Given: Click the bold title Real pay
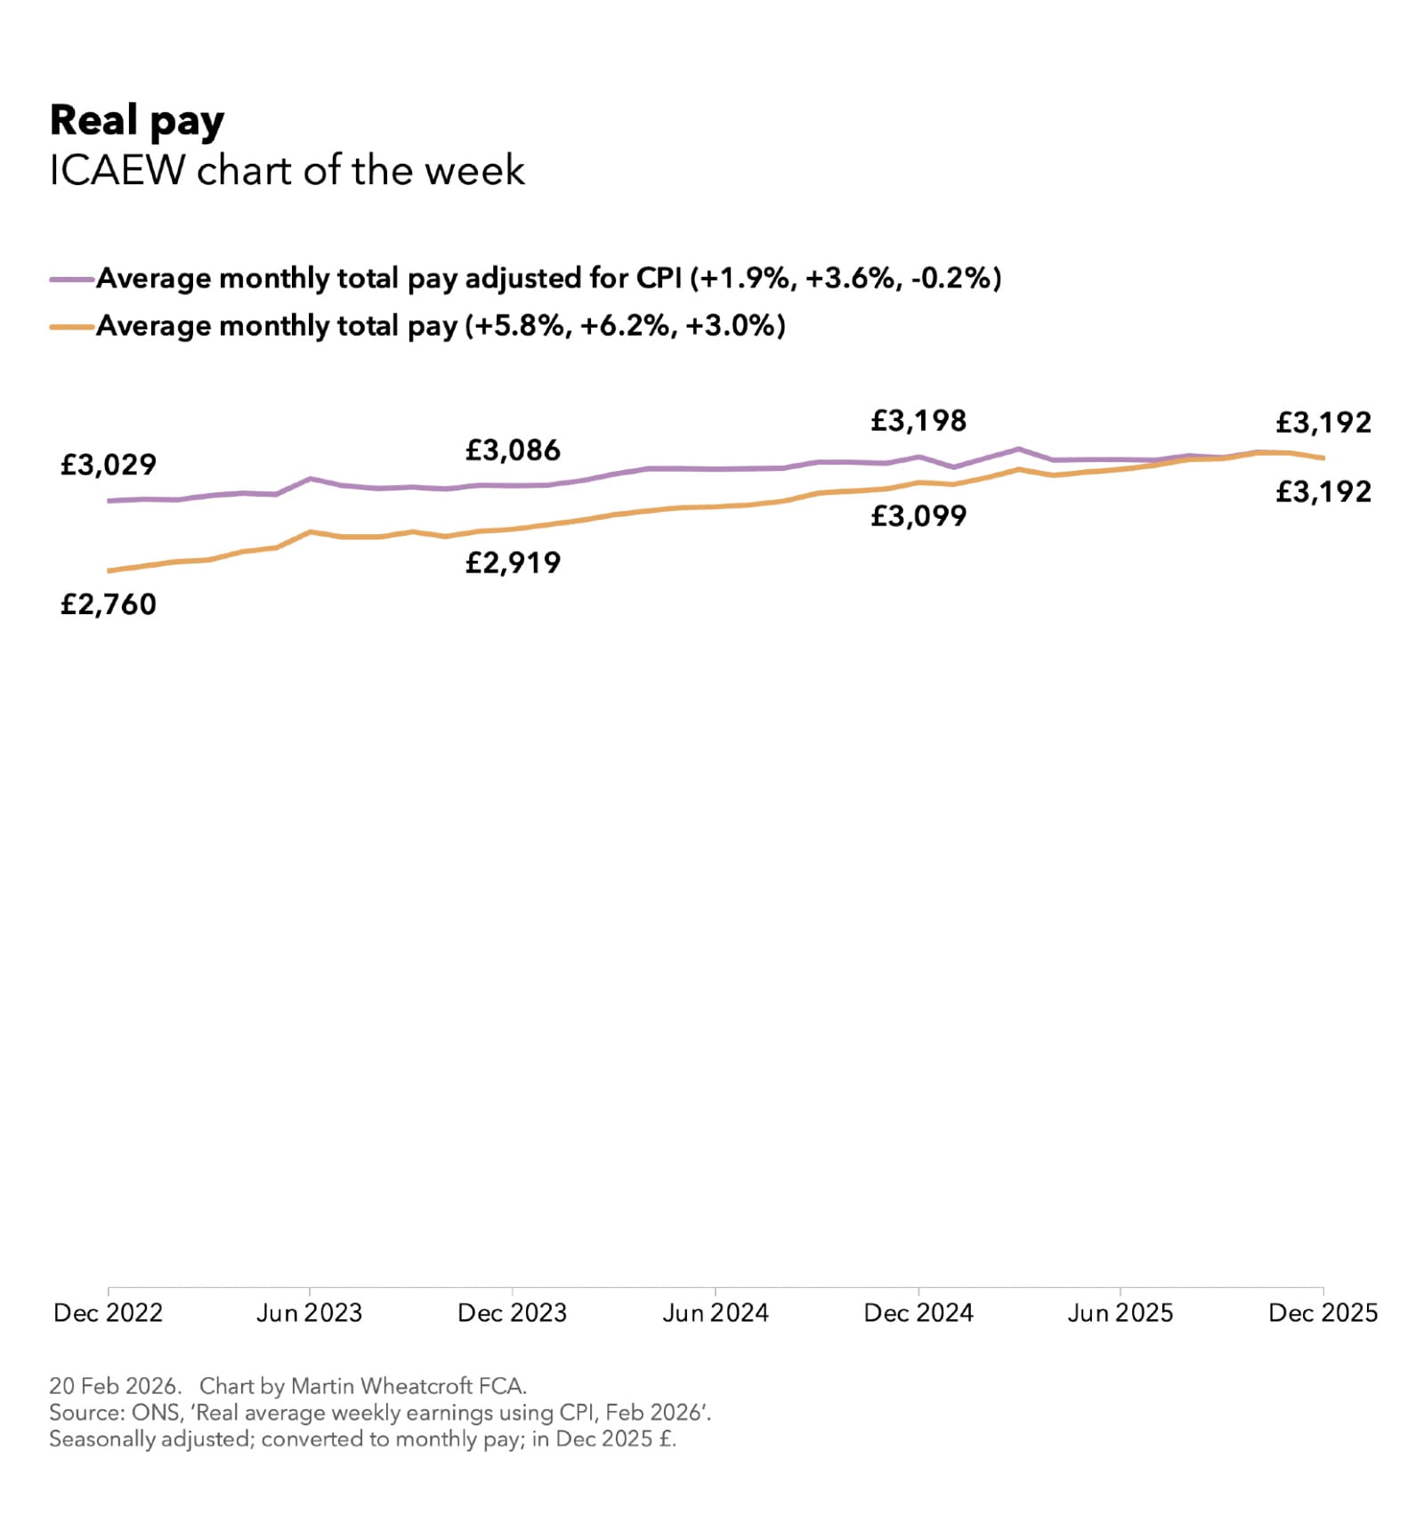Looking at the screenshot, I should [x=136, y=121].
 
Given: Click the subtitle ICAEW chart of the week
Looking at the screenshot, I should [x=287, y=170].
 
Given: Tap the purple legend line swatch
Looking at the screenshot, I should [x=72, y=279].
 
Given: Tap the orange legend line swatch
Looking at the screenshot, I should [x=72, y=327].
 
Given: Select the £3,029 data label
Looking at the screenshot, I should [x=108, y=465].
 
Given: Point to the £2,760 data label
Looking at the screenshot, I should [x=108, y=604].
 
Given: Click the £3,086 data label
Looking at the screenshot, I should [x=513, y=450].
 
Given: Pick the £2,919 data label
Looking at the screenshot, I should [x=513, y=563].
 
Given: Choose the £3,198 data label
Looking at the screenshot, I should [x=918, y=421].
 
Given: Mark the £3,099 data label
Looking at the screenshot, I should [x=918, y=516].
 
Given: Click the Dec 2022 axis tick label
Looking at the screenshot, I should [x=108, y=1312].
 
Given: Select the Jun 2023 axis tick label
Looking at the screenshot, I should [x=309, y=1312].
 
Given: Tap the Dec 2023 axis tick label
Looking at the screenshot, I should [x=512, y=1312].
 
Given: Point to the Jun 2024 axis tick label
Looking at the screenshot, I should [x=715, y=1312].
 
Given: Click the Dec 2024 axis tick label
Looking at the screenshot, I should [x=918, y=1312].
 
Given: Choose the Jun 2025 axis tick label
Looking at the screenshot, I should [x=1120, y=1312].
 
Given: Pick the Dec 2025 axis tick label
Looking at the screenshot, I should [x=1323, y=1312].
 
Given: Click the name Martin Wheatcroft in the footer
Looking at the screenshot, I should [x=382, y=1386].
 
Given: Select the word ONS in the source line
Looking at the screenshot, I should [x=155, y=1413].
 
